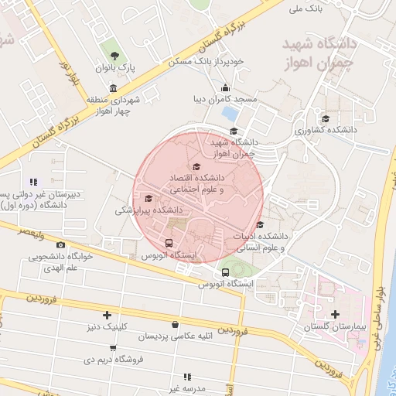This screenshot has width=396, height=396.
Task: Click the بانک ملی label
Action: tap(305, 9)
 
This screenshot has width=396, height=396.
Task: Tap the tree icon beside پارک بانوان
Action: tap(114, 55)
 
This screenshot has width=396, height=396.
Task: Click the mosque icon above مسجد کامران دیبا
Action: tap(225, 87)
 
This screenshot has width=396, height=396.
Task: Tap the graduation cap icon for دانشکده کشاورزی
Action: tap(326, 118)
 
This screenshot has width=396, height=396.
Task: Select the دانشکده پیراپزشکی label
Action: tap(149, 210)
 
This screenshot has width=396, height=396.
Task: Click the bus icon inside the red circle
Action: tap(169, 244)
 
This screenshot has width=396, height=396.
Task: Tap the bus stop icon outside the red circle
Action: tap(225, 272)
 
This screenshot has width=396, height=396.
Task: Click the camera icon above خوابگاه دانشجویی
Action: tap(61, 245)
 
